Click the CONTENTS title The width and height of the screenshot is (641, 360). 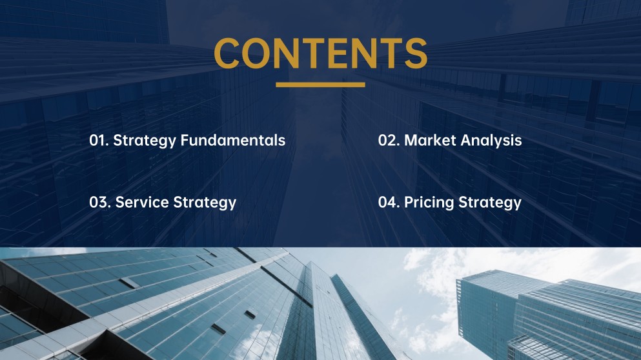tap(320, 53)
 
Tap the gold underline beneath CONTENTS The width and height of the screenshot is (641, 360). tap(320, 85)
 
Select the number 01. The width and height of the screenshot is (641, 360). tap(98, 141)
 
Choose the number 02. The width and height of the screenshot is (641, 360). tap(388, 141)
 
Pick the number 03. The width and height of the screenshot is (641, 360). tap(99, 203)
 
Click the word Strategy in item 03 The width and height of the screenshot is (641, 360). tap(205, 203)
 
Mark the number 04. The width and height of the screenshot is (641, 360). tap(388, 203)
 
